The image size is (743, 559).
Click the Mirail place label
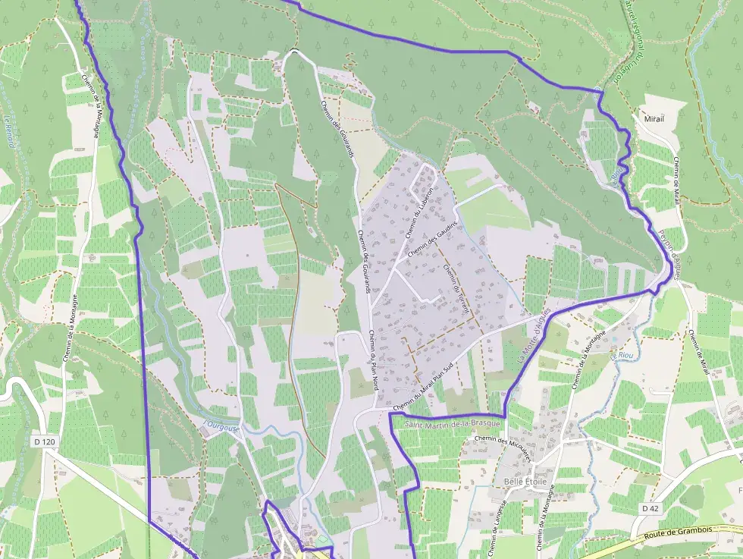coord(653,119)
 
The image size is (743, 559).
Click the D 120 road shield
coord(45,441)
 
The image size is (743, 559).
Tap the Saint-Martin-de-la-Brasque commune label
coord(453,423)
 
